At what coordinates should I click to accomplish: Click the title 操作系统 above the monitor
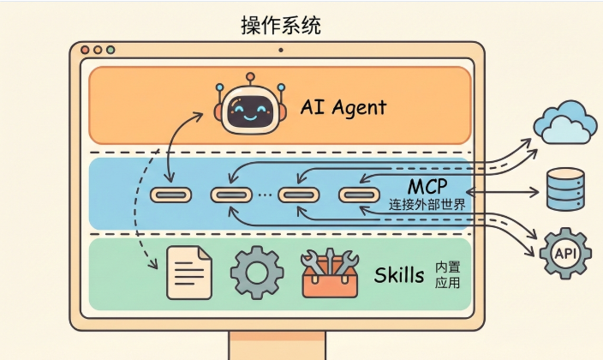[281, 25]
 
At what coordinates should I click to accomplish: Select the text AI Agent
[343, 107]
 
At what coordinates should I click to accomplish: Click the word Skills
[399, 274]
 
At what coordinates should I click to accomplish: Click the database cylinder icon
[565, 189]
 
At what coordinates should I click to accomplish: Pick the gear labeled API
[564, 255]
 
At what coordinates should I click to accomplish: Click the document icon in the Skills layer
[188, 273]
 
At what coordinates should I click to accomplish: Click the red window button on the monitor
[86, 51]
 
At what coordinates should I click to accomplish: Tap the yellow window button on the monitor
[98, 51]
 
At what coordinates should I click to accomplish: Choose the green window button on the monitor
[110, 51]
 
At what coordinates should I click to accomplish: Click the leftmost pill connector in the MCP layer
[170, 195]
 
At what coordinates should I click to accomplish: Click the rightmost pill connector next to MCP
[359, 195]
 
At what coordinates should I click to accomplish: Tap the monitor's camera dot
[280, 51]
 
